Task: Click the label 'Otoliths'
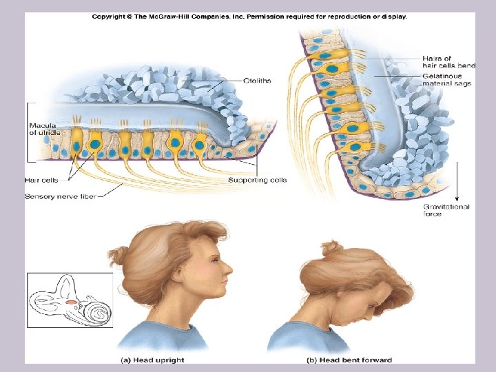pos(256,81)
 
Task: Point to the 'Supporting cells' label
pos(257,180)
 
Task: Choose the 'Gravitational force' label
pos(446,210)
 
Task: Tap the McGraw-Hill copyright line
pos(249,17)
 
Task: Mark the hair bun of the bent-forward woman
pos(331,247)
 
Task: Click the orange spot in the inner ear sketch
pos(72,302)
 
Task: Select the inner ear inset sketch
pos(69,300)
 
